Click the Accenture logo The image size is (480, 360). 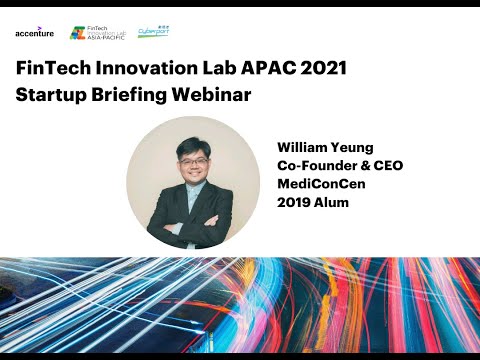pos(34,32)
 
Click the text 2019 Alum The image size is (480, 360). pos(309,204)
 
